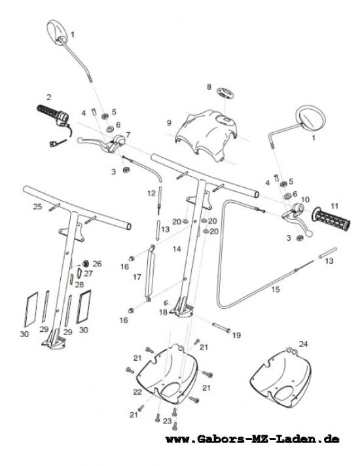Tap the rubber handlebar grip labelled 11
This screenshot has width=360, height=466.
click(331, 220)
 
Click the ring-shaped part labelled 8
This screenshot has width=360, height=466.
click(225, 94)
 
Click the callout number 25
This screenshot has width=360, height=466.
click(37, 207)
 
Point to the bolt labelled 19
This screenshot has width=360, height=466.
click(221, 328)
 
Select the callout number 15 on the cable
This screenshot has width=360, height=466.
click(276, 289)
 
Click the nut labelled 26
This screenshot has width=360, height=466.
click(86, 263)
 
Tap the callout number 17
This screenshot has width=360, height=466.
click(137, 278)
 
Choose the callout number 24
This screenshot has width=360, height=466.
click(303, 344)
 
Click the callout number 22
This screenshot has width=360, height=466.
click(137, 392)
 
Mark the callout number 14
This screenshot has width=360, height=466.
click(177, 249)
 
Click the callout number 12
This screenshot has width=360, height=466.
click(151, 194)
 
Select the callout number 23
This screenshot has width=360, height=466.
click(168, 421)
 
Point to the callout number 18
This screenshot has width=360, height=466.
click(163, 312)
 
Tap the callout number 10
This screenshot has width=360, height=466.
click(305, 200)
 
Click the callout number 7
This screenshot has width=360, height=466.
click(128, 135)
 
